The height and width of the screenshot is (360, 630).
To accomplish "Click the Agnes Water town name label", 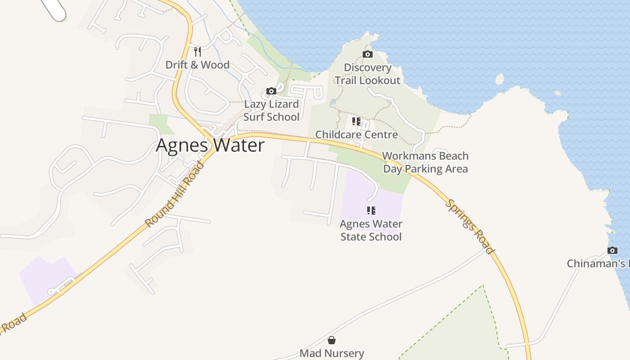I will (x=210, y=145).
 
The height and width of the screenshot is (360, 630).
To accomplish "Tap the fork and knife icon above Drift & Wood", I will (x=197, y=51).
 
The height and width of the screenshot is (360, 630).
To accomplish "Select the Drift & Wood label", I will (x=197, y=65).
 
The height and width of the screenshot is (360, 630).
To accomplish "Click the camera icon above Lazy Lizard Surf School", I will (x=271, y=91).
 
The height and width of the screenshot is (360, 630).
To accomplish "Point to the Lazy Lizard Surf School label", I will (x=271, y=111).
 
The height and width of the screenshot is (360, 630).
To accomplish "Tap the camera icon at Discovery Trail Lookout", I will (x=368, y=54).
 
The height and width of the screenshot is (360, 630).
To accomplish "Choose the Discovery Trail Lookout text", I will (x=368, y=74).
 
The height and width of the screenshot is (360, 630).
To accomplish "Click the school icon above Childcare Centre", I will (x=356, y=121).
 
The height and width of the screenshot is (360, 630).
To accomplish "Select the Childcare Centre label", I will (x=356, y=135).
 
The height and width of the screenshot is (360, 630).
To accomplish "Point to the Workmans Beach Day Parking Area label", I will (x=425, y=162).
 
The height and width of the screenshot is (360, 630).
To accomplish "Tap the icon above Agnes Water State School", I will (x=371, y=210).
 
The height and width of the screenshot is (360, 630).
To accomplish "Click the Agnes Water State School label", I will (x=371, y=230).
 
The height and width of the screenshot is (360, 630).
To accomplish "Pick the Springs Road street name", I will (x=470, y=227).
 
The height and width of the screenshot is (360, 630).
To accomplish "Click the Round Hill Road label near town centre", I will (x=175, y=194).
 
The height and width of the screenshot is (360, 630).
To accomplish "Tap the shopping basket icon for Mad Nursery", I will (x=332, y=340).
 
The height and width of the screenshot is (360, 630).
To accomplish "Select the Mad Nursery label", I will (x=332, y=353).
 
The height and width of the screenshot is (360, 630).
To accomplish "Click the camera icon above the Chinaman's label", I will (x=612, y=250).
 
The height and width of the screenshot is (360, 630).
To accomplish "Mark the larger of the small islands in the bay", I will (x=499, y=79).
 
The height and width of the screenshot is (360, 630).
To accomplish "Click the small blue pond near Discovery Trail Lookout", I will (x=333, y=102).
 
